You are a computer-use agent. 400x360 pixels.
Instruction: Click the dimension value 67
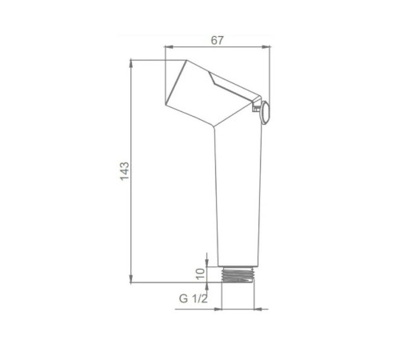click(217, 40)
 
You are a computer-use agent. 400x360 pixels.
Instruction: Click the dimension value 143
click(125, 171)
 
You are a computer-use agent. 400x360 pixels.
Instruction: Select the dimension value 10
click(201, 274)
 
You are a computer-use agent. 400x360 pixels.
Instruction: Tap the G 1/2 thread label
click(194, 298)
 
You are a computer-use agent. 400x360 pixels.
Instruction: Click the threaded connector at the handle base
click(238, 274)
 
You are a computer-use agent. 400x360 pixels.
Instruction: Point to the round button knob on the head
click(266, 113)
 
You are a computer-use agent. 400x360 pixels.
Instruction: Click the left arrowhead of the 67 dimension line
click(169, 47)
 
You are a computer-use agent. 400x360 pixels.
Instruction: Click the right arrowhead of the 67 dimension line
click(266, 47)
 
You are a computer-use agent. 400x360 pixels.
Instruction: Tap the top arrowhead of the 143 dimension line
click(130, 65)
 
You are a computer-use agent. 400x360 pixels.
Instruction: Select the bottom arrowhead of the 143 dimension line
click(130, 278)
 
